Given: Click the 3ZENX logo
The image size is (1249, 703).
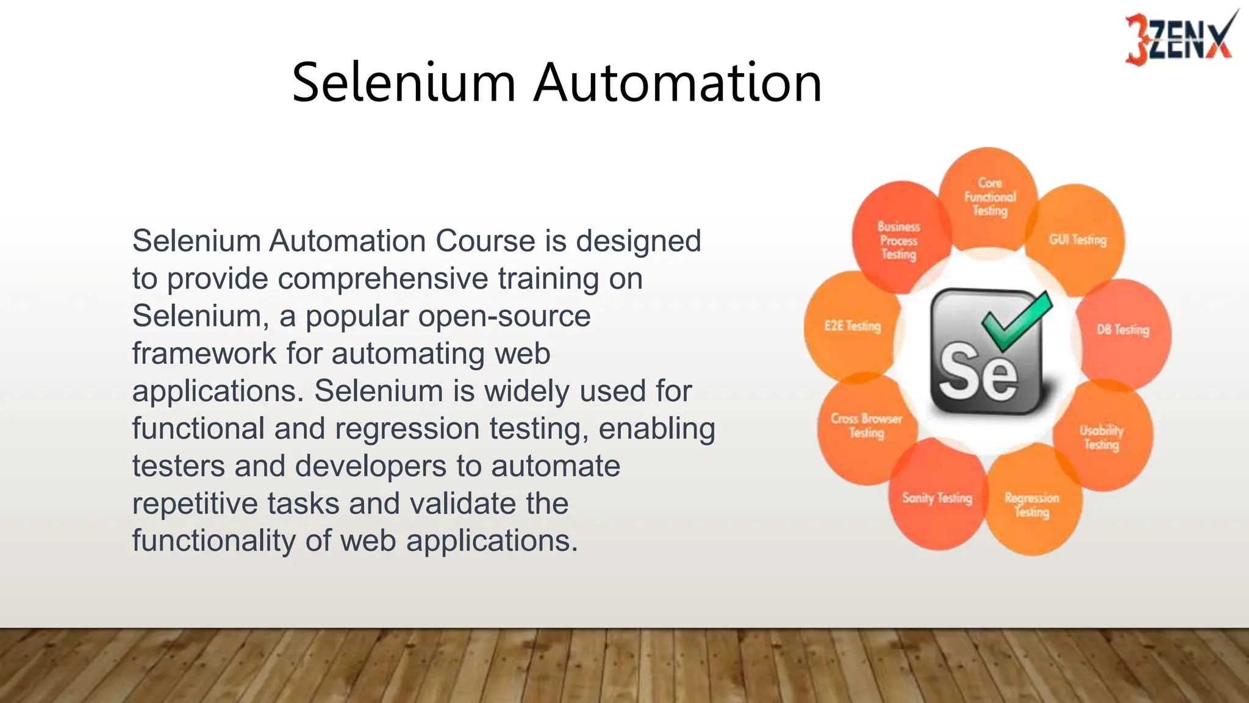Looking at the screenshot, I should pos(1178,38).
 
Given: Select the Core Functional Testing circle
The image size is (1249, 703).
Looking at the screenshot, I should pos(989,197).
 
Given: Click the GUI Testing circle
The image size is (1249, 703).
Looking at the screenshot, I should pos(1078,240).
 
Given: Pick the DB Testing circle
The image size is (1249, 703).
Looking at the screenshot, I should pos(1123,330).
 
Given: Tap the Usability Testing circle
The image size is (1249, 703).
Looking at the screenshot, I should pos(1101,437).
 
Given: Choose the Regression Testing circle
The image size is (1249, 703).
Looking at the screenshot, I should pos(1032,505).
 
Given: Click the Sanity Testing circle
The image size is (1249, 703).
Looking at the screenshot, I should pos(937,499).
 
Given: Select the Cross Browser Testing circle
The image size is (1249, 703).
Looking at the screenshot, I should pos(866,425).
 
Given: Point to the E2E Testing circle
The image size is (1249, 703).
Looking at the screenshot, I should pos(853,326).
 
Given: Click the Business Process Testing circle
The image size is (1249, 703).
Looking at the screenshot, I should pos(899,240).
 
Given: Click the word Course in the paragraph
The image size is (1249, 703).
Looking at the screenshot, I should pos(485,241).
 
